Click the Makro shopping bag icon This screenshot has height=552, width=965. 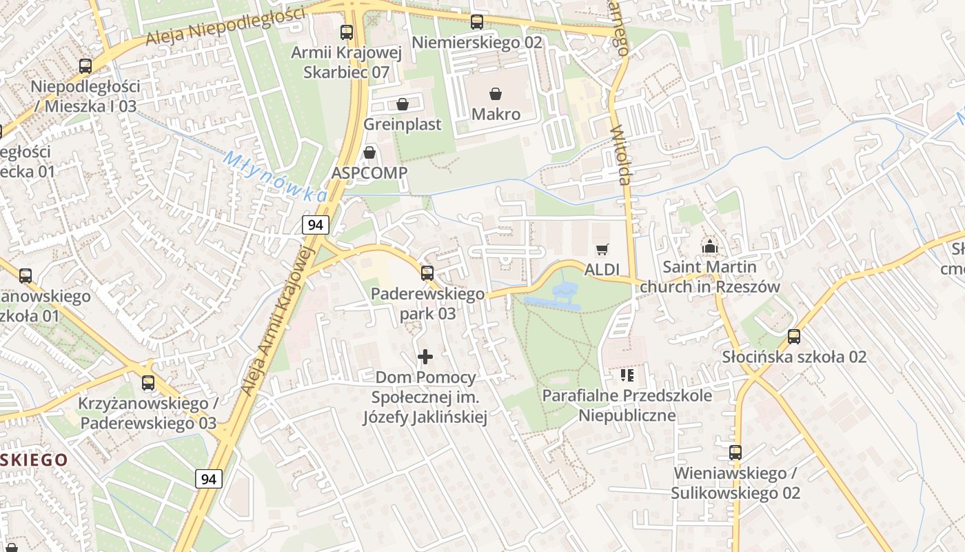[x=495, y=93]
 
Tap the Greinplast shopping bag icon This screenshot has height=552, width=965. [x=403, y=104]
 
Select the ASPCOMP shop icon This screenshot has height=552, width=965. [x=370, y=152]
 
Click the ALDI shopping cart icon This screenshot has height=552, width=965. [x=602, y=249]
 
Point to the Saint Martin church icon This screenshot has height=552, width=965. [x=709, y=246]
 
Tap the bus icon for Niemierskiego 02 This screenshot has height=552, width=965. [x=477, y=22]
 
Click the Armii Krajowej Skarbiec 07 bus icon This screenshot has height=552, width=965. [x=347, y=32]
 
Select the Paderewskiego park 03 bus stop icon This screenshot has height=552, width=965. [x=427, y=273]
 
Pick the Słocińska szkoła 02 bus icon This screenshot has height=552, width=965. [x=794, y=336]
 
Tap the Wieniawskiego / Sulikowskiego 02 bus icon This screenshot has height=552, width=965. [x=735, y=453]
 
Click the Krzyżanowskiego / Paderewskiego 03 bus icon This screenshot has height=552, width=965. [x=148, y=383]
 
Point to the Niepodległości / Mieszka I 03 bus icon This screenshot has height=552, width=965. [x=85, y=66]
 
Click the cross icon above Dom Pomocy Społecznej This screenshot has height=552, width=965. [x=425, y=357]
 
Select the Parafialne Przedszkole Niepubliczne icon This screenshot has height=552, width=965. [x=627, y=375]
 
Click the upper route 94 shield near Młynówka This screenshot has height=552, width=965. [x=316, y=224]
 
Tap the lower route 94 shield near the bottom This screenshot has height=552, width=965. [x=209, y=478]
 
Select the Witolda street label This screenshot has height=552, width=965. [x=621, y=155]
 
